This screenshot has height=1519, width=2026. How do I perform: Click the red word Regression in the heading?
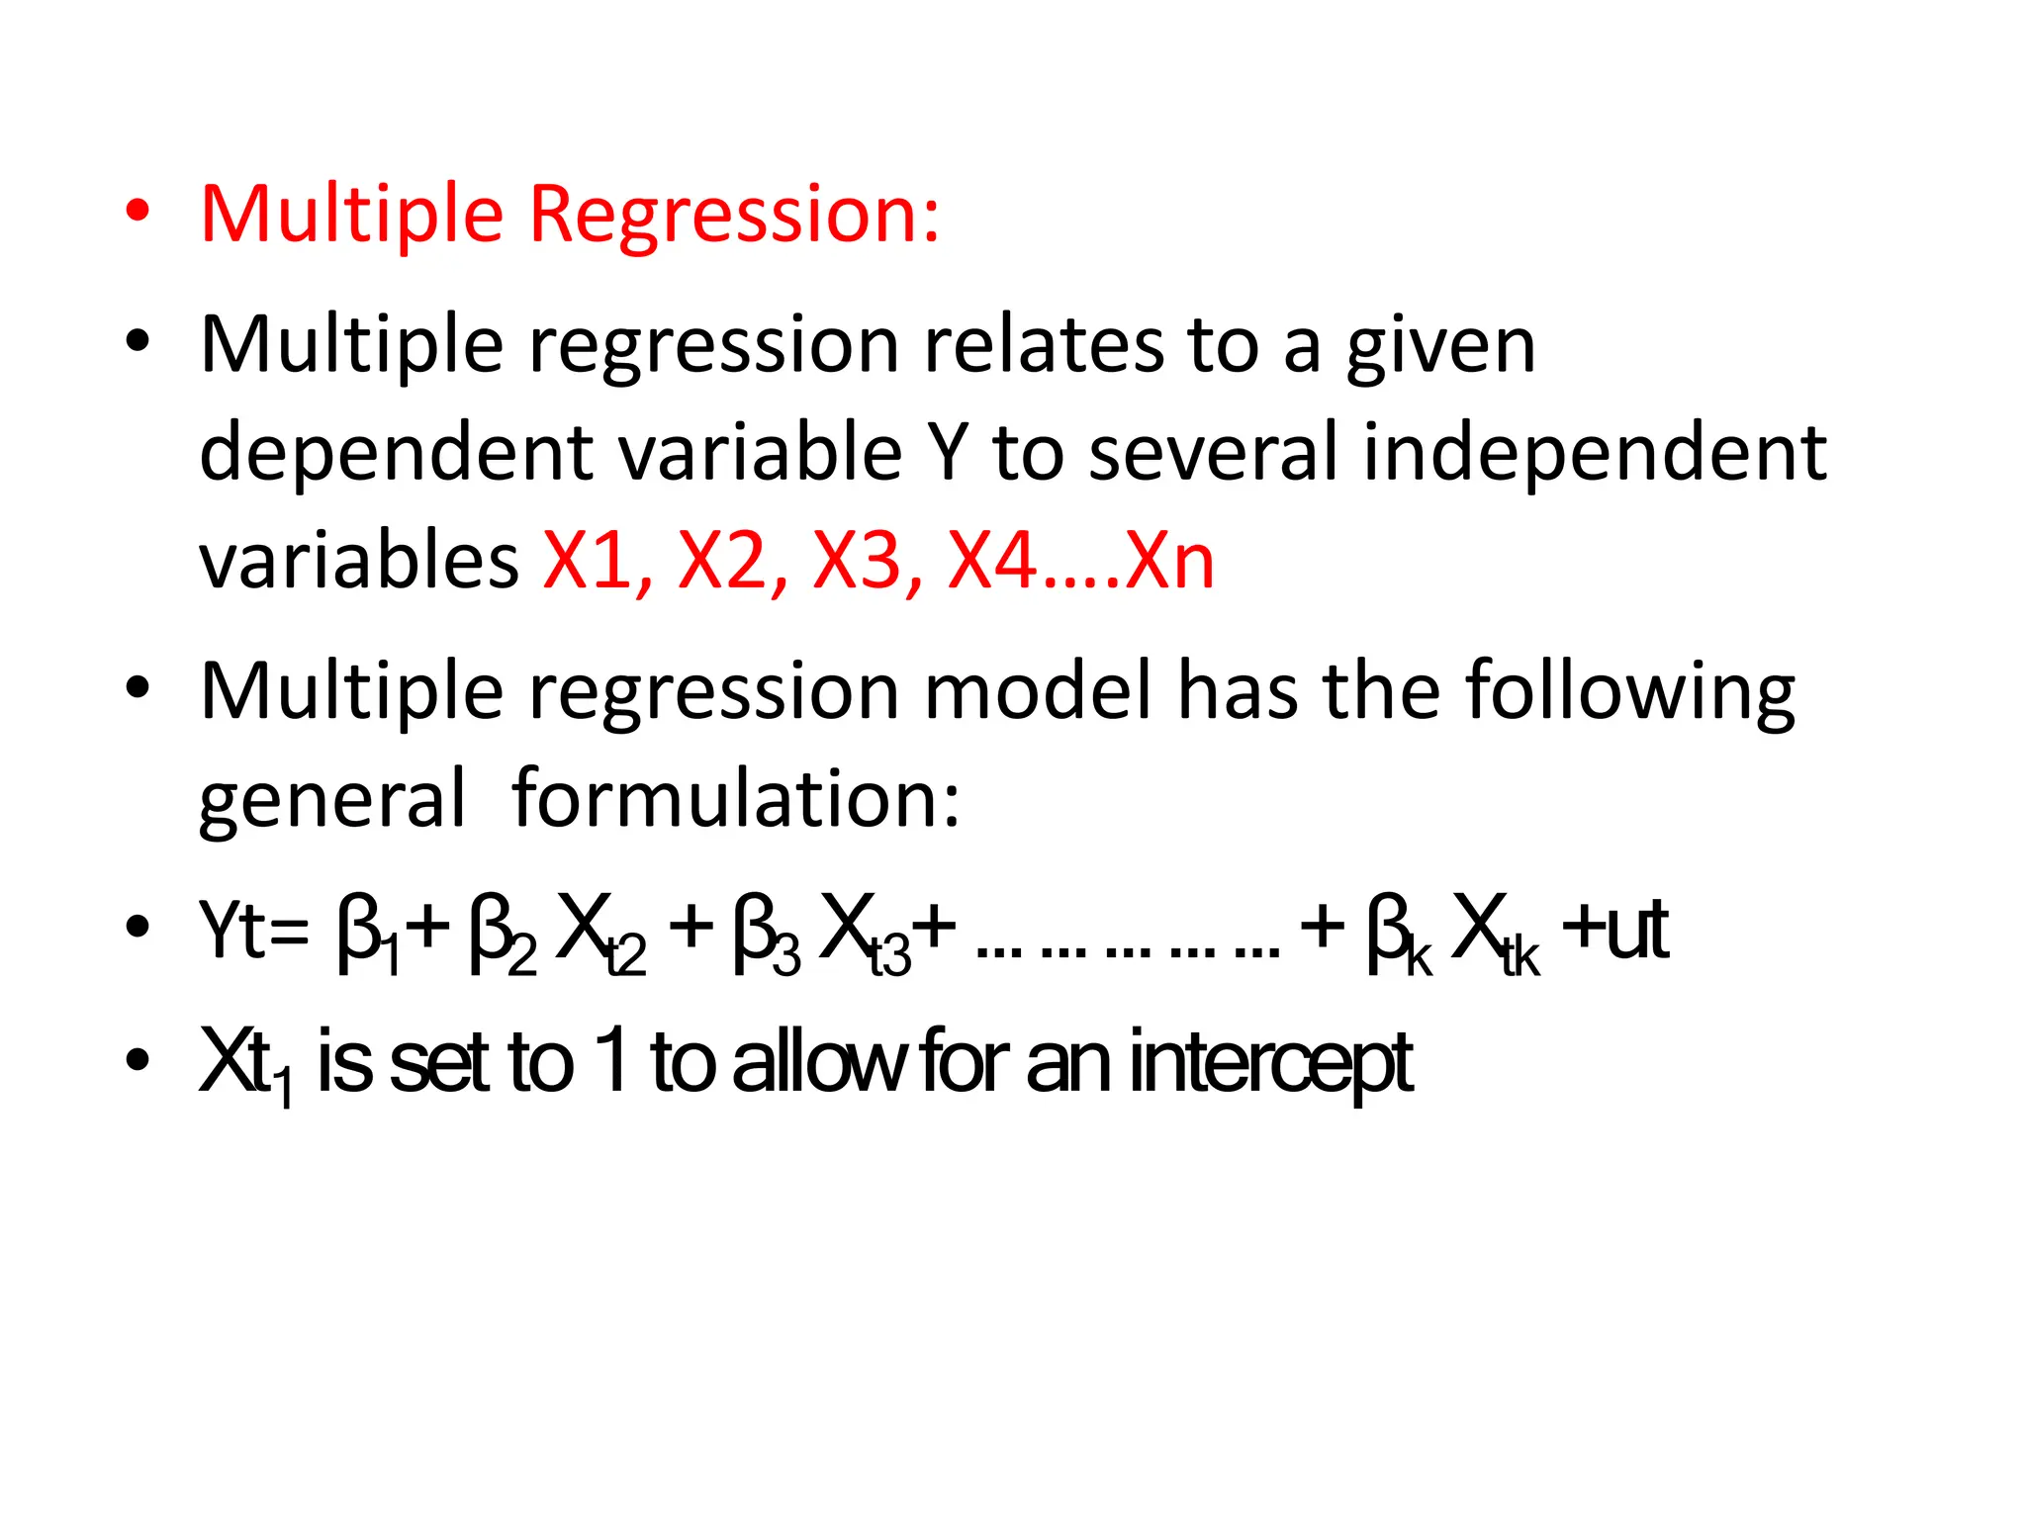pos(733,215)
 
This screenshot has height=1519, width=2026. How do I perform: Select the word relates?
pos(1043,345)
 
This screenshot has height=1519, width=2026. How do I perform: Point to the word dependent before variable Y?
pos(396,454)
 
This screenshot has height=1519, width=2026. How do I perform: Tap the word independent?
pos(1594,454)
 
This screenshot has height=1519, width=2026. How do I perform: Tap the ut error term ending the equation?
pos(1636,930)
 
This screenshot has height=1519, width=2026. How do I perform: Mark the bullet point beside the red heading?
pos(138,212)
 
